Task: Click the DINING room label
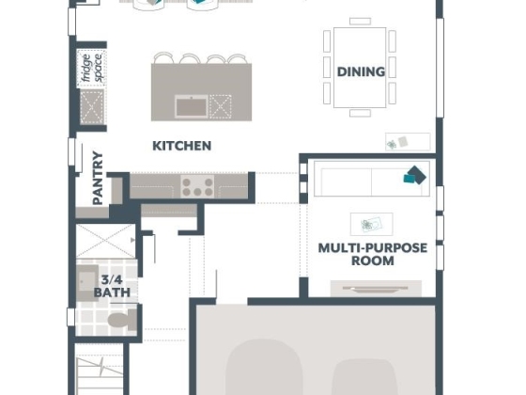coord(361,71)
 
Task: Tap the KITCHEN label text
coord(182,146)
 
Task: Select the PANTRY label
coord(98,178)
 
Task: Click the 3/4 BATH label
coord(112,286)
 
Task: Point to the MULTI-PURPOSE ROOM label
coord(372,254)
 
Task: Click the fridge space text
coord(92,68)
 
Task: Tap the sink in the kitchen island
coord(192,106)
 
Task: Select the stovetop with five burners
coord(197,186)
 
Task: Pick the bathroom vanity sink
coord(86,282)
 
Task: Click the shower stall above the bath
coord(105,241)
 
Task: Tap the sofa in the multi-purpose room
coord(372,179)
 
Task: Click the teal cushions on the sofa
coord(414,175)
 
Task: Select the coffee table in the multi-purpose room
coord(371,224)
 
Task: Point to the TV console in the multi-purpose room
coord(376,289)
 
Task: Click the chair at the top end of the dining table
coord(360,21)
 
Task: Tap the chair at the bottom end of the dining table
coord(360,113)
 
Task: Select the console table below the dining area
coord(408,142)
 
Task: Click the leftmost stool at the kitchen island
coord(163,57)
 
